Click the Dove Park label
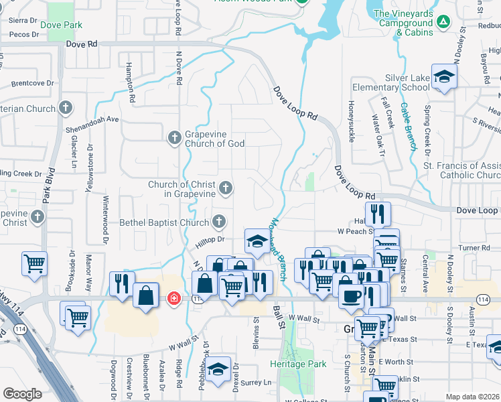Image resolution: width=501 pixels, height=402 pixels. click(x=61, y=25)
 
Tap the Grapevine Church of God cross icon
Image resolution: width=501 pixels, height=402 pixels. click(x=174, y=137)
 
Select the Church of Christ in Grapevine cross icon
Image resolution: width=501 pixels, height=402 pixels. click(x=226, y=188)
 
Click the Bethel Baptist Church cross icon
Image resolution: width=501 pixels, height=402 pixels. click(x=219, y=221)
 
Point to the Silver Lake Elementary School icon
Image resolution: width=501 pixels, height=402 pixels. click(x=444, y=77)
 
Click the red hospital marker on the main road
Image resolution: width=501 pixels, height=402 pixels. click(x=173, y=297)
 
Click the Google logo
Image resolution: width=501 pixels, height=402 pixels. click(x=22, y=394)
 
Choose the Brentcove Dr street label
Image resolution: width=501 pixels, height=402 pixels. click(x=32, y=83)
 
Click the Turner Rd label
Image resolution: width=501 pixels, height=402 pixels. click(x=476, y=248)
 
